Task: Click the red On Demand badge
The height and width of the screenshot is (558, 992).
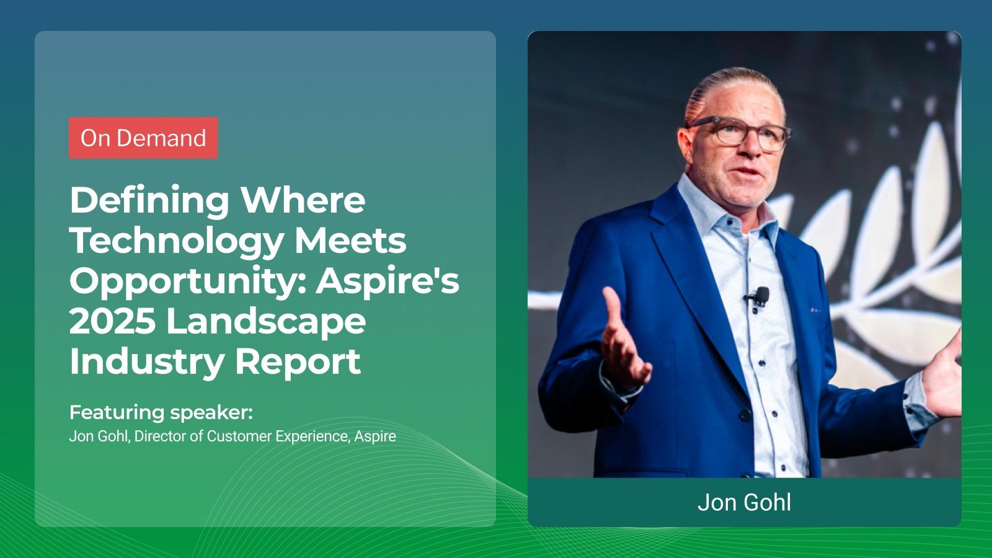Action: pos(143,138)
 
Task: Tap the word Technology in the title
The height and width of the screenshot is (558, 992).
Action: pos(177,241)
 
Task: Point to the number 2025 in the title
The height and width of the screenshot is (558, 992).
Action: pos(112,321)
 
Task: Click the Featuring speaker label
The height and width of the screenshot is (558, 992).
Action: pos(161,412)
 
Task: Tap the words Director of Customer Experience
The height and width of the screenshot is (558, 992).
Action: pos(241,436)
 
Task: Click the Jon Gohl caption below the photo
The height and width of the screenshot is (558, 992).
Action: pos(744,502)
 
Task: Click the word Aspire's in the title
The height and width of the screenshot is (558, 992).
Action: pos(389,280)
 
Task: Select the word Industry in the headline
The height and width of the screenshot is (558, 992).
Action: pos(146,361)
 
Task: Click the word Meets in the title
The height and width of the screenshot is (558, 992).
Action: pos(350,241)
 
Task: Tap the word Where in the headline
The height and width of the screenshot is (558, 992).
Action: pos(303,200)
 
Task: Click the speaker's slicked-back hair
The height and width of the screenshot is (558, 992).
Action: pos(732,87)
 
